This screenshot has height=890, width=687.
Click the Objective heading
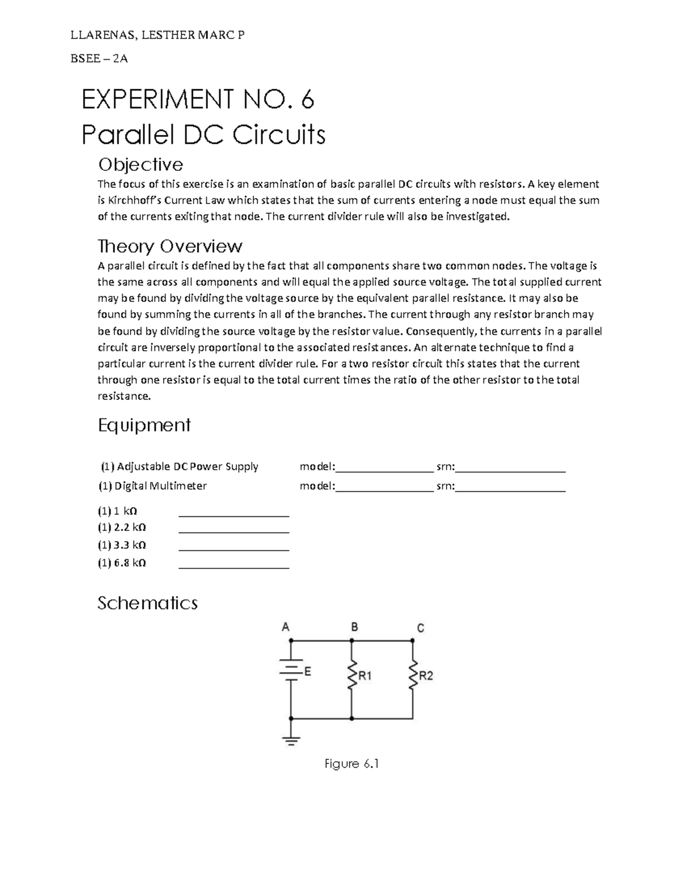[x=140, y=165]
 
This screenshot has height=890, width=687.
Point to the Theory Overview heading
[x=170, y=246]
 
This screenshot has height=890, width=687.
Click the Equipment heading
[x=144, y=425]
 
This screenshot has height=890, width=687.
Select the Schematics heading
[x=147, y=603]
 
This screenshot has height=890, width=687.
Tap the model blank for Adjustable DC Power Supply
[x=384, y=466]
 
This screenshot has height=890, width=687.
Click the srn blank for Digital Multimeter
[x=511, y=486]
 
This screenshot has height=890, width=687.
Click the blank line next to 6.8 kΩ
[x=234, y=563]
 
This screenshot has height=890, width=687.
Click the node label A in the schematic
[x=285, y=627]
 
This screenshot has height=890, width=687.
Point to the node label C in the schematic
[x=420, y=628]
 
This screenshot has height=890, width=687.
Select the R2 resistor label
[x=426, y=676]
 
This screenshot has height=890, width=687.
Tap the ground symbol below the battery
[x=291, y=740]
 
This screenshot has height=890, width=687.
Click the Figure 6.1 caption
[x=352, y=764]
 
